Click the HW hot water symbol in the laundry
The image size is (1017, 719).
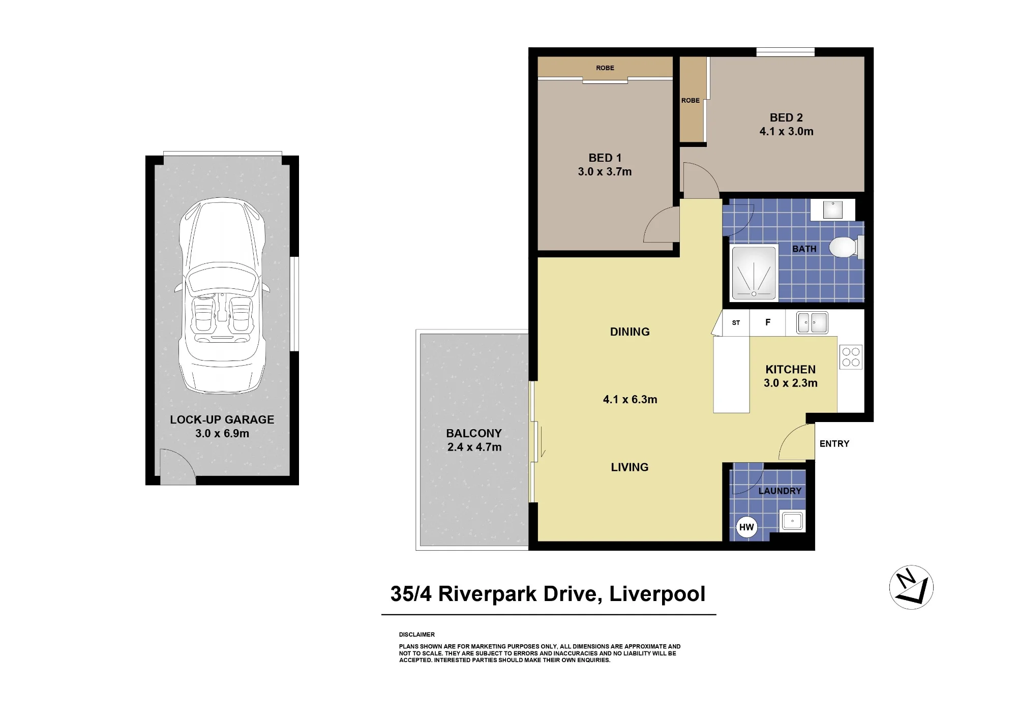(746, 527)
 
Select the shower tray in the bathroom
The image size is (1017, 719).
(754, 273)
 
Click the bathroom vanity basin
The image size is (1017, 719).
(833, 209)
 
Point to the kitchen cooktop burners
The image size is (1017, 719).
(851, 356)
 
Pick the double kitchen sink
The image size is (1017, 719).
(812, 322)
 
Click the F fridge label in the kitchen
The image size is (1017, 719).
(768, 322)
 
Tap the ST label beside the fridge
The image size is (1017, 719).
(736, 323)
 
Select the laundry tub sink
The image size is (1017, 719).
(792, 521)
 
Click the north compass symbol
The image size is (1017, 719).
(911, 587)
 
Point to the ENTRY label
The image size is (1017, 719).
(834, 444)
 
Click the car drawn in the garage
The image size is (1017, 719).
(222, 295)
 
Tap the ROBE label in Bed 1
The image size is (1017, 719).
(605, 68)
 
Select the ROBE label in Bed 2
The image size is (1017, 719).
(691, 100)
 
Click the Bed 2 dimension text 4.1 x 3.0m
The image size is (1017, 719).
(787, 131)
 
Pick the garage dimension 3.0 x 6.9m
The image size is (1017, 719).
(222, 433)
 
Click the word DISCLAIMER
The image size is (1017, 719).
(417, 635)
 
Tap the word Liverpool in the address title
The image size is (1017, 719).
(657, 594)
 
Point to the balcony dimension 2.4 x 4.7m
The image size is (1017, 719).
(474, 447)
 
